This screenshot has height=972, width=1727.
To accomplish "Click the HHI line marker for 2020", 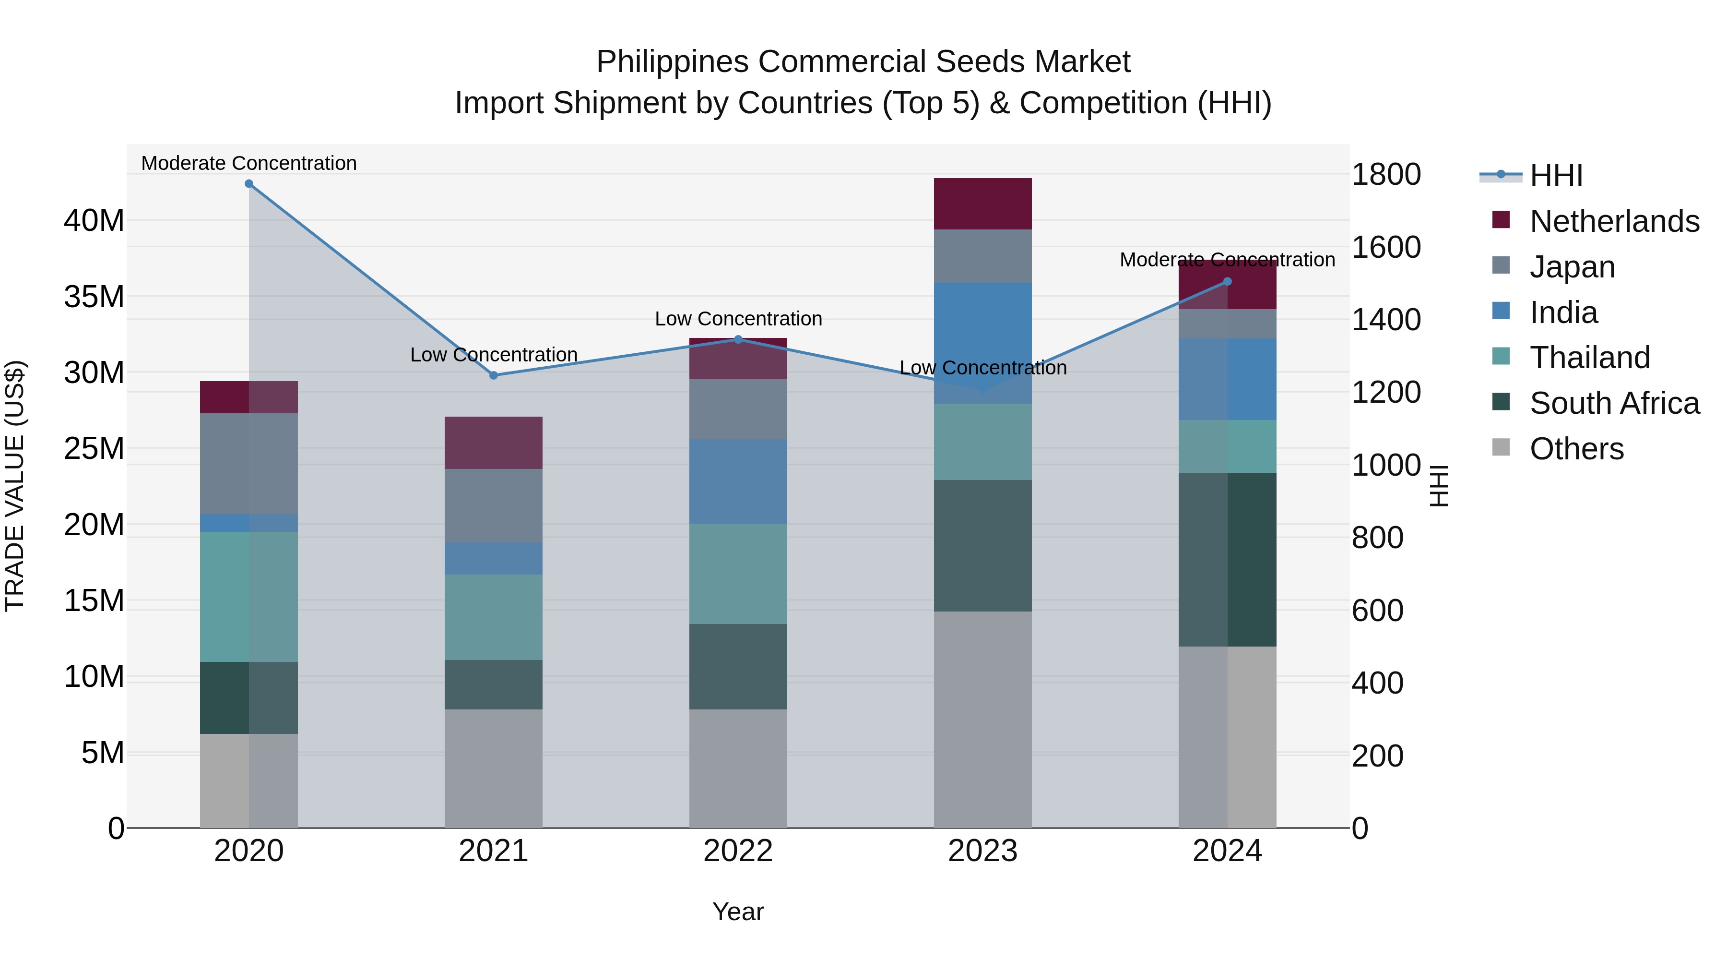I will click(x=248, y=184).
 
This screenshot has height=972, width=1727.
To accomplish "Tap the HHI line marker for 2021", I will click(x=494, y=376).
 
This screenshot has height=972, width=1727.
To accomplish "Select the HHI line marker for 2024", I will click(x=1228, y=282).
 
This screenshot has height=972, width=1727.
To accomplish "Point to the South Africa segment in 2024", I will click(x=1228, y=560).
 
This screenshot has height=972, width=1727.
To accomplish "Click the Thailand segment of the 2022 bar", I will click(x=738, y=574).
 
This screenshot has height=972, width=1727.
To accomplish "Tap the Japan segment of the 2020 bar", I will click(x=248, y=464).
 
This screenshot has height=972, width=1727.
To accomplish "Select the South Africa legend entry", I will click(x=1614, y=403).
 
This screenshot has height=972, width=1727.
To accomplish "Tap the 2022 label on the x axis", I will click(x=738, y=851).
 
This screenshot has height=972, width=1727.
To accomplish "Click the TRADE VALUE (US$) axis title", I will click(x=15, y=486).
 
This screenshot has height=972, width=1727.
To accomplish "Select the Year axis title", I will click(x=738, y=912).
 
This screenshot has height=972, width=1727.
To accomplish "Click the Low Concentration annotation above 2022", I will click(x=738, y=319).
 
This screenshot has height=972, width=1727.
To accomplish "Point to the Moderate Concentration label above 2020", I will click(x=248, y=163).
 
